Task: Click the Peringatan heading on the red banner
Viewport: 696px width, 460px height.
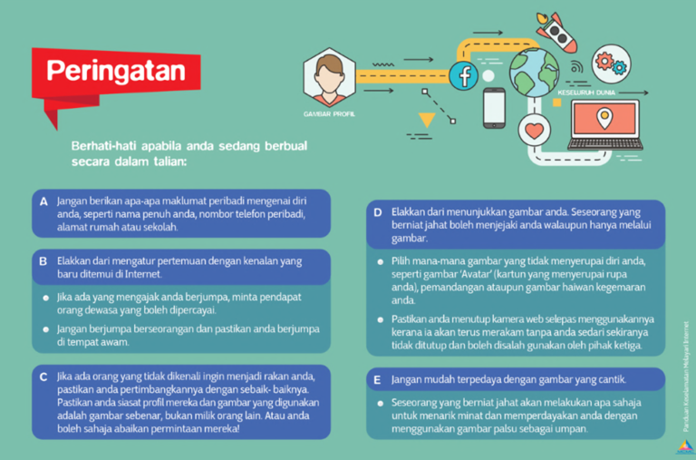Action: [x=115, y=71]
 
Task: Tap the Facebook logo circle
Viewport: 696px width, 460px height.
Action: [x=464, y=75]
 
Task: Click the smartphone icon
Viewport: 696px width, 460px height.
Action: [x=493, y=107]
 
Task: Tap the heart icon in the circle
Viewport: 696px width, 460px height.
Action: [x=536, y=131]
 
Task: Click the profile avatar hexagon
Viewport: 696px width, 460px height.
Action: [x=329, y=78]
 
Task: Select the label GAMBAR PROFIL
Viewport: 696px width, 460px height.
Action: [x=329, y=115]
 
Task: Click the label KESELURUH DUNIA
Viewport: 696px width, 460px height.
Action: [x=587, y=93]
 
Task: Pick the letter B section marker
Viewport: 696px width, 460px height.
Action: [x=43, y=260]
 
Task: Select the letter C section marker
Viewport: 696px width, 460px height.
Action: [x=43, y=375]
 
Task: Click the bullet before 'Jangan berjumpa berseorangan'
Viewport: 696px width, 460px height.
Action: [x=46, y=329]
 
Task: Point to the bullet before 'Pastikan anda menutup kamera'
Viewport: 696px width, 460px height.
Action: [x=381, y=320]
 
